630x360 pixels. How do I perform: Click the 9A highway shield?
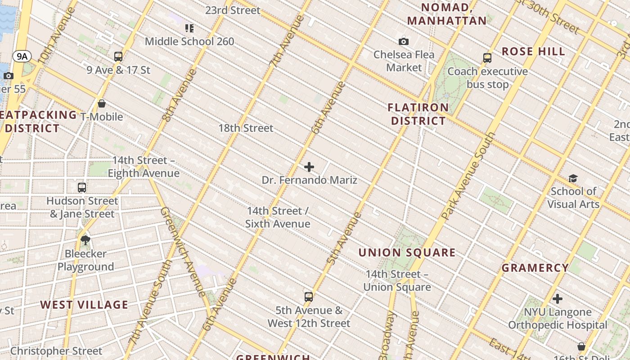(22, 56)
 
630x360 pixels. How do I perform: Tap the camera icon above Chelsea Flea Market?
(404, 42)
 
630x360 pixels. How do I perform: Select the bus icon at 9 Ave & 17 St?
(118, 57)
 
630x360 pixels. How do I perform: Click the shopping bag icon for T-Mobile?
(102, 104)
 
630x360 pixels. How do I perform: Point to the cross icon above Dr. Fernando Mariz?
(309, 167)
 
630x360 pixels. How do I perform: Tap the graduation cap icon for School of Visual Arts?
(573, 179)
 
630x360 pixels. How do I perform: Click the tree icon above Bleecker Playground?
(85, 240)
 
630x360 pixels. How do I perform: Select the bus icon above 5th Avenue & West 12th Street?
(309, 297)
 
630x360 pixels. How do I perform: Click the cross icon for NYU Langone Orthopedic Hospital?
(558, 299)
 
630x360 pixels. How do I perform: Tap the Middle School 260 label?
(189, 42)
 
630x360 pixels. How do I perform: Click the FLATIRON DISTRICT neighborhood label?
(418, 114)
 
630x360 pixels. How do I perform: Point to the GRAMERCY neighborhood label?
(535, 268)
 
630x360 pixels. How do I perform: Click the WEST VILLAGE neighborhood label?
(84, 305)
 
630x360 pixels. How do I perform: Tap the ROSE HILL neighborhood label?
(533, 52)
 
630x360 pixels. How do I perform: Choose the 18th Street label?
(246, 128)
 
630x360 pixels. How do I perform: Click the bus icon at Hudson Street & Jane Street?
(82, 188)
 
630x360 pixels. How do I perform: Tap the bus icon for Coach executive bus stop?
(487, 58)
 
